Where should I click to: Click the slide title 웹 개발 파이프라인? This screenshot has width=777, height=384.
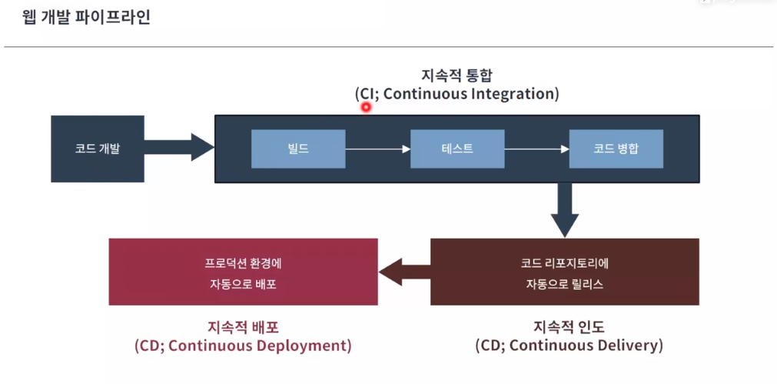(86, 18)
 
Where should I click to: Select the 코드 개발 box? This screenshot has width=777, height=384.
(98, 149)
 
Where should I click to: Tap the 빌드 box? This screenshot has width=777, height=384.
(298, 149)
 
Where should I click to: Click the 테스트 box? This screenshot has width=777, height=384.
(457, 149)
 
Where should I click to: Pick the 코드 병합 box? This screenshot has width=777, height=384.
(616, 149)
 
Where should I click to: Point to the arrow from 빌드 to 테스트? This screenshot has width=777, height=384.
(378, 149)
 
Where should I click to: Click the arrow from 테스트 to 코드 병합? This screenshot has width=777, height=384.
(536, 149)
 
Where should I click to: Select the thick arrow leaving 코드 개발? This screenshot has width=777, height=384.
(179, 147)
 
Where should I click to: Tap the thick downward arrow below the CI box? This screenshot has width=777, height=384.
(565, 210)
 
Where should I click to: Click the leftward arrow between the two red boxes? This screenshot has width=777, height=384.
(404, 272)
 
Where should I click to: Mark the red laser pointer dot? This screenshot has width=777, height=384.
(366, 107)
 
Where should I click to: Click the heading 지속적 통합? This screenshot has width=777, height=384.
(457, 76)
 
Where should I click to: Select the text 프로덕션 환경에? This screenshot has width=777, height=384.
(244, 263)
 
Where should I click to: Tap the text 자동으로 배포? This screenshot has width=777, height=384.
(244, 285)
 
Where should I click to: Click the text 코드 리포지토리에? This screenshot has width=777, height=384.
(565, 263)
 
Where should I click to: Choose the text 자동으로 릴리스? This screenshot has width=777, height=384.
(565, 285)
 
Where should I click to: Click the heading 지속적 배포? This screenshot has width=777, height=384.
(244, 328)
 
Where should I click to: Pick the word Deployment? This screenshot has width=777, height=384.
(304, 346)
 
